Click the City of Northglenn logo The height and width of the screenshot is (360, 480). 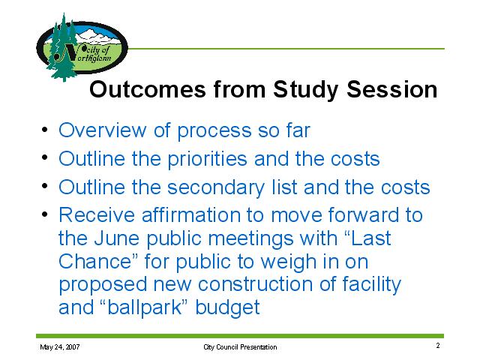(x=82, y=47)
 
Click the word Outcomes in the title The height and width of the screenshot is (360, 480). (x=148, y=89)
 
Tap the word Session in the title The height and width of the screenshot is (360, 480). (x=391, y=89)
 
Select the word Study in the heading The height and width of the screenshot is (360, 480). (x=306, y=90)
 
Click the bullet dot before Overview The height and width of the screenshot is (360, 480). (x=45, y=130)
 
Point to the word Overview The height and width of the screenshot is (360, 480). (x=103, y=130)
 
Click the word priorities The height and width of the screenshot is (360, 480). (x=207, y=160)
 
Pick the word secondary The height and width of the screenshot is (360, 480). (x=216, y=187)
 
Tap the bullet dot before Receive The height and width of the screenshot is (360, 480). (x=45, y=214)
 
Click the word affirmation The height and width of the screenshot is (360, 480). (x=191, y=214)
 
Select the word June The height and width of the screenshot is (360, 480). (x=117, y=238)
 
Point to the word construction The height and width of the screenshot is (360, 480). (x=255, y=284)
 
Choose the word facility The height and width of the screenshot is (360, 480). (x=372, y=285)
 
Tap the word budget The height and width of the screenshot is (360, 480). (x=228, y=308)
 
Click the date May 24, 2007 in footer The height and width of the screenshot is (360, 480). (x=60, y=347)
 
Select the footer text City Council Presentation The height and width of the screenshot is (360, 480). (x=240, y=347)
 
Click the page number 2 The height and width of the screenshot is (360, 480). (x=438, y=346)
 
